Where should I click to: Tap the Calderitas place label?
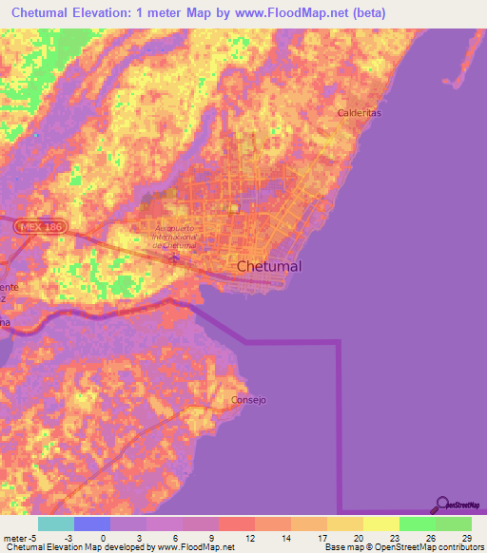point(360,113)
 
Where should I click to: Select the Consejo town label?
point(249,400)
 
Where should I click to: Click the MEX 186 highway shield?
point(34,228)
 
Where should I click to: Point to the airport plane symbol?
point(174,256)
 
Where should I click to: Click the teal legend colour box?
point(56,524)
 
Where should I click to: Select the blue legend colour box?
point(92,524)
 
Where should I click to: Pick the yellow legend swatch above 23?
point(381,524)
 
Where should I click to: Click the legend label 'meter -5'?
point(21,537)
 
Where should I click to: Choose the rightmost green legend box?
point(454,524)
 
